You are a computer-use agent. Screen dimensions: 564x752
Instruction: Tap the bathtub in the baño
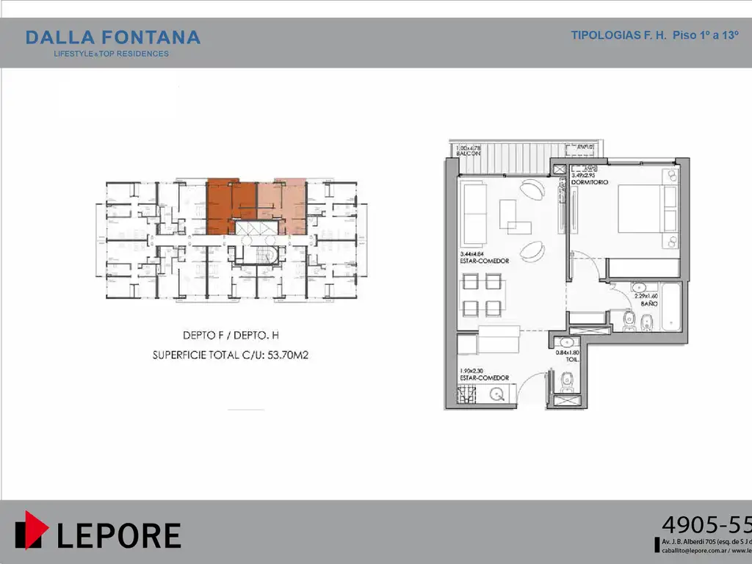(x=670, y=305)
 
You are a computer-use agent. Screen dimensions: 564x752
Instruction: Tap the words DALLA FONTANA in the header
(x=112, y=37)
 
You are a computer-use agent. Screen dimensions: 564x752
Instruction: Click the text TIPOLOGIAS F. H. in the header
(x=618, y=35)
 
